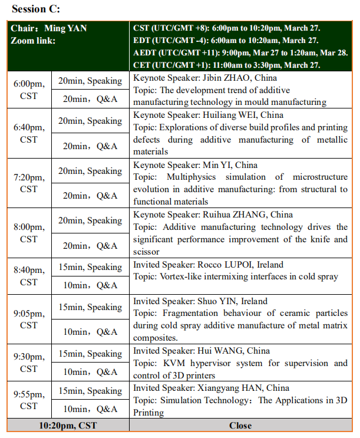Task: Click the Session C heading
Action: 35,9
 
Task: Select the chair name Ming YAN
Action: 65,28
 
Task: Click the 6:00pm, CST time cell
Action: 29,90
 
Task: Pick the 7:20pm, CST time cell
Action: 29,183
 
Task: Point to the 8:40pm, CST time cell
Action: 29,276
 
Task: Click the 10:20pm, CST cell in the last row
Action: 68,426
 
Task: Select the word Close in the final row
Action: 240,426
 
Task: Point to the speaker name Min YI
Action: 217,165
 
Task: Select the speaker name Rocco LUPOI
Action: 227,265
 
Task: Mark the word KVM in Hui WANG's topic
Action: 170,363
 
